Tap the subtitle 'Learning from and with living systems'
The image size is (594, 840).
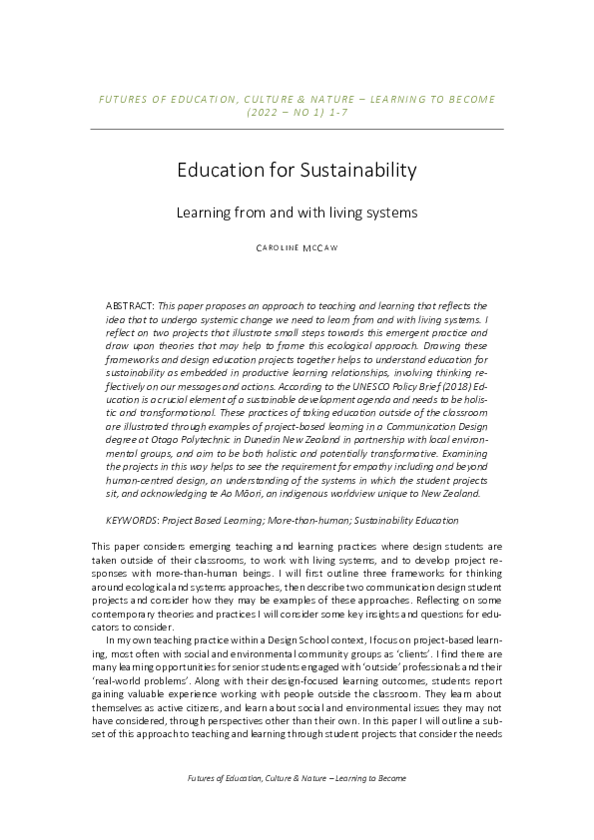click(x=297, y=212)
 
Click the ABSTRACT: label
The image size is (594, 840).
click(x=130, y=304)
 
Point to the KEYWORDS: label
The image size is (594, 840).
click(x=133, y=521)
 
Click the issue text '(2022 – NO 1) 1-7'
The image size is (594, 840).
click(x=297, y=114)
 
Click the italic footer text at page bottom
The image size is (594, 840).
click(x=297, y=777)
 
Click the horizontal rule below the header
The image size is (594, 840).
click(x=297, y=130)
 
